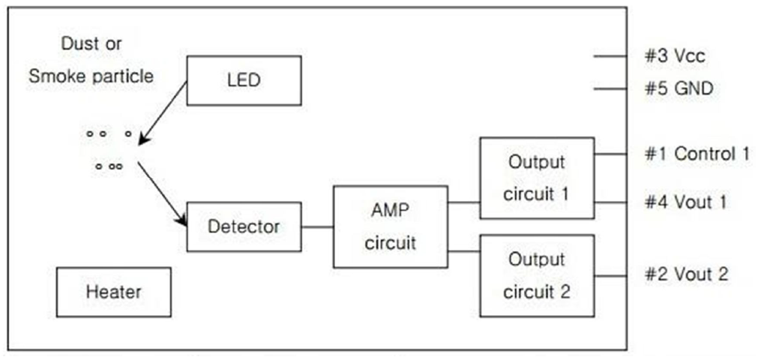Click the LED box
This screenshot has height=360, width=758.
pos(244,80)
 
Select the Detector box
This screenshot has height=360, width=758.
pos(244,226)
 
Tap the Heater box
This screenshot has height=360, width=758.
pos(113,291)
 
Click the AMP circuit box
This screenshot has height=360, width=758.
pos(390,226)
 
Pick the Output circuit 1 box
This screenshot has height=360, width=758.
pos(536,178)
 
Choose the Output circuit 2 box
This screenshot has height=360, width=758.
pos(536,275)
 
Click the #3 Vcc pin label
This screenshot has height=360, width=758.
pos(674,56)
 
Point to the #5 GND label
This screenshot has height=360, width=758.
pos(679,89)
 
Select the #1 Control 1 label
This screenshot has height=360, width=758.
pos(697,154)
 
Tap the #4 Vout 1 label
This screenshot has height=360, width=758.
pos(685,202)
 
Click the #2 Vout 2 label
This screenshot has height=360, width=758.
pos(685,274)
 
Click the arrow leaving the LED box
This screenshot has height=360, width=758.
pos(163,112)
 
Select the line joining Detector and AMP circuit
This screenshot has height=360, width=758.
pos(317,226)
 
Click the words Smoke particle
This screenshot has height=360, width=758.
pos(91,76)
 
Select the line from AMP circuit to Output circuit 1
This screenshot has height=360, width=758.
pos(463,202)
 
